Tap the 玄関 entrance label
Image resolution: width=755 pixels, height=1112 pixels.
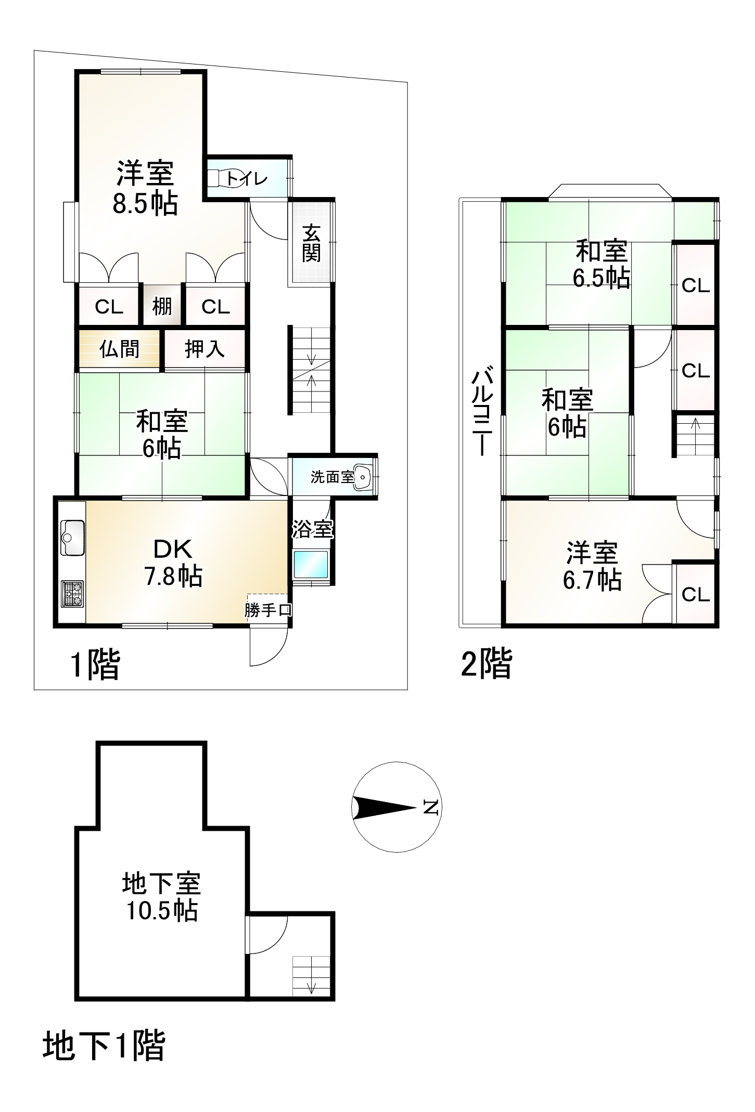[312, 243]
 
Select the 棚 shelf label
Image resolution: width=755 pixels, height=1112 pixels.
[162, 307]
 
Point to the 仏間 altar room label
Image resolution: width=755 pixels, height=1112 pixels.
[119, 349]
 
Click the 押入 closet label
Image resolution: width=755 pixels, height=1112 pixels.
[205, 349]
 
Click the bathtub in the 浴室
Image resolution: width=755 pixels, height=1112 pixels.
[311, 566]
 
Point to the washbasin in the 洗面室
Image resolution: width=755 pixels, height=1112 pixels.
[363, 477]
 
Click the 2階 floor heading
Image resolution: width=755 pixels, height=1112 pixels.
[487, 664]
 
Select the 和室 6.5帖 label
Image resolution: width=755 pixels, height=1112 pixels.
[602, 264]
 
